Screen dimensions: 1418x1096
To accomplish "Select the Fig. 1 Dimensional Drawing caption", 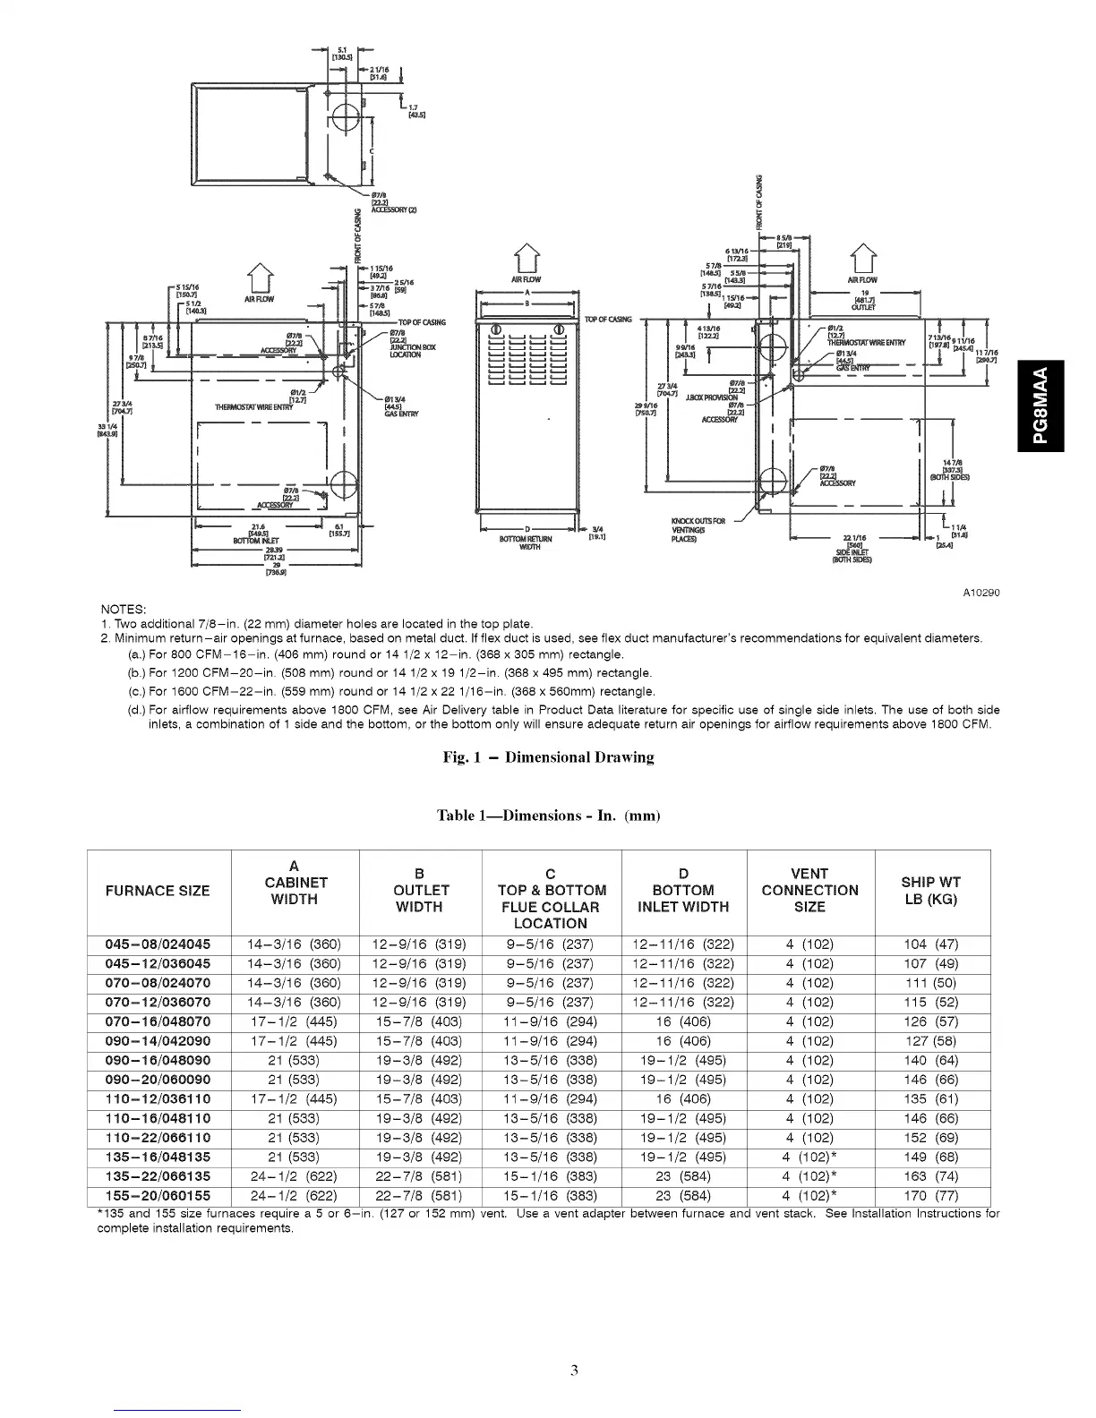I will click(x=548, y=757).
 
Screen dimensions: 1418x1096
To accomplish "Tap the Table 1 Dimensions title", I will click(x=548, y=816).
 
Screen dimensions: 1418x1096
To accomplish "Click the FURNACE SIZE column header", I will click(x=158, y=891).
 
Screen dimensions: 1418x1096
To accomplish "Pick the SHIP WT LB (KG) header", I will click(x=931, y=891).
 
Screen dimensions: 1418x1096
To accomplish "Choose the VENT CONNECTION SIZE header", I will click(x=809, y=891).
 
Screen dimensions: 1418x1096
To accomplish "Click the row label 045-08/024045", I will click(x=158, y=944).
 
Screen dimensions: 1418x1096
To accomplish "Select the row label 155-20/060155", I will click(x=158, y=1196).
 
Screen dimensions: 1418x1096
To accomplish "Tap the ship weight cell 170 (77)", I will click(x=931, y=1196).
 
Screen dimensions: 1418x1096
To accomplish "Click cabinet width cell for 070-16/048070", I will click(x=294, y=1021).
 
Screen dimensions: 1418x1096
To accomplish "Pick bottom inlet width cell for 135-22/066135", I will click(x=683, y=1176).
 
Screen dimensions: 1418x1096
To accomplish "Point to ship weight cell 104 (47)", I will click(x=931, y=944).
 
